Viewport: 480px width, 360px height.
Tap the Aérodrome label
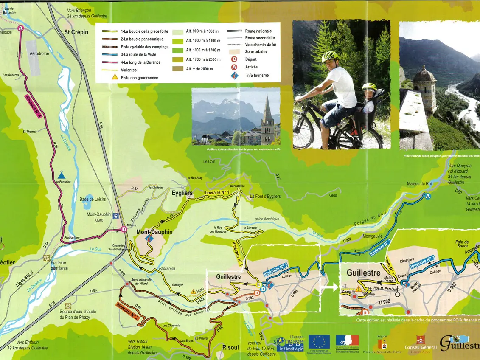coord(39,54)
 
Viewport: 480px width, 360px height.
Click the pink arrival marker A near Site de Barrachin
coord(21,28)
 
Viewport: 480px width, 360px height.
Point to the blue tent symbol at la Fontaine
coord(62,174)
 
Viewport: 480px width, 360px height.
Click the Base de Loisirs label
coord(93,199)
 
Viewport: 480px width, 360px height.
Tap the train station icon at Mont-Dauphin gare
coord(115,215)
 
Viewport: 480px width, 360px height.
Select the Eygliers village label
coord(182,193)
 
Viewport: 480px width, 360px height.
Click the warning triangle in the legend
coord(115,77)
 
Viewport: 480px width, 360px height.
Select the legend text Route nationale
coord(258,31)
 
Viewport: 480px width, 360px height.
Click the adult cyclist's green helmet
coord(330,56)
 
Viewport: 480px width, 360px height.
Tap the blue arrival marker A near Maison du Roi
coord(428,196)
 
